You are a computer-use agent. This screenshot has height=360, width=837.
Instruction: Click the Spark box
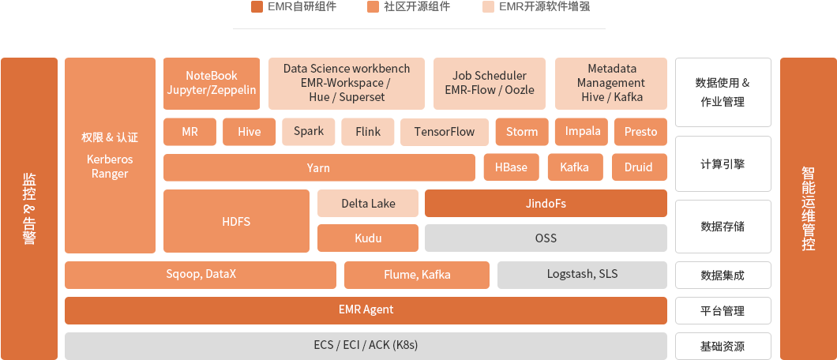pyautogui.click(x=308, y=132)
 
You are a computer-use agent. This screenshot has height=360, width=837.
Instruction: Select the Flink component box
pyautogui.click(x=368, y=132)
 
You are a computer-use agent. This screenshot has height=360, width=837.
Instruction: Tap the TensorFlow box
pyautogui.click(x=444, y=132)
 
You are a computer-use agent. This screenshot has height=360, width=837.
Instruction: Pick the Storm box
pyautogui.click(x=521, y=132)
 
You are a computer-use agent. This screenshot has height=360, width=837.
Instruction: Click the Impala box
pyautogui.click(x=583, y=132)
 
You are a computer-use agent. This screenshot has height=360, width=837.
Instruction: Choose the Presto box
pyautogui.click(x=640, y=132)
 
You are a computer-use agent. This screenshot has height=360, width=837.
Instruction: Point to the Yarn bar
pyautogui.click(x=318, y=167)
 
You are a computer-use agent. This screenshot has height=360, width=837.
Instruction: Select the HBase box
pyautogui.click(x=511, y=167)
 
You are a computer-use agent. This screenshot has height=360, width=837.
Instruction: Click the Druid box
pyautogui.click(x=638, y=167)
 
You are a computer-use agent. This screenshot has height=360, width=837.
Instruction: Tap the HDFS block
pyautogui.click(x=235, y=221)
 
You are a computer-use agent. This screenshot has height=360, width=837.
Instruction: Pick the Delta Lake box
pyautogui.click(x=367, y=204)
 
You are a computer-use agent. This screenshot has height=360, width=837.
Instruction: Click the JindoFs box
pyautogui.click(x=546, y=204)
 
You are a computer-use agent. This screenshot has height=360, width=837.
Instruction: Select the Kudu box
pyautogui.click(x=367, y=238)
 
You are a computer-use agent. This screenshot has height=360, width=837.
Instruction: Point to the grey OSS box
pyautogui.click(x=546, y=238)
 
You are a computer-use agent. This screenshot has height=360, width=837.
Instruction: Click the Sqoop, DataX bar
pyautogui.click(x=201, y=275)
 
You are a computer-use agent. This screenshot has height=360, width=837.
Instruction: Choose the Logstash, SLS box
pyautogui.click(x=582, y=275)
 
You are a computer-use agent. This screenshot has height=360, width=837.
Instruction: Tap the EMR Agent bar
pyautogui.click(x=365, y=309)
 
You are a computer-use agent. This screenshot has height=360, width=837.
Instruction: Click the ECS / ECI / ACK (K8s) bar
pyautogui.click(x=365, y=345)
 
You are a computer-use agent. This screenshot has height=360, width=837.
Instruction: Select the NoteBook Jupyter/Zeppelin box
pyautogui.click(x=211, y=83)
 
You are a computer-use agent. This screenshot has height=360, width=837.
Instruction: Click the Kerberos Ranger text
pyautogui.click(x=110, y=167)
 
